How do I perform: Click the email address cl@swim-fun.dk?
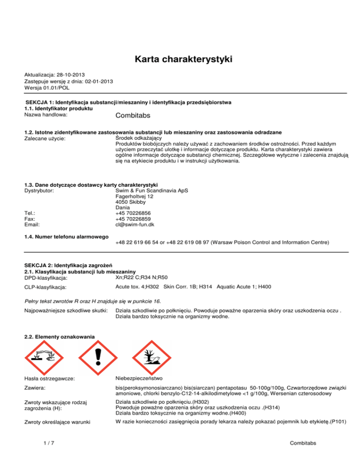134,225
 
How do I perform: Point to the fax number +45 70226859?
131,218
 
